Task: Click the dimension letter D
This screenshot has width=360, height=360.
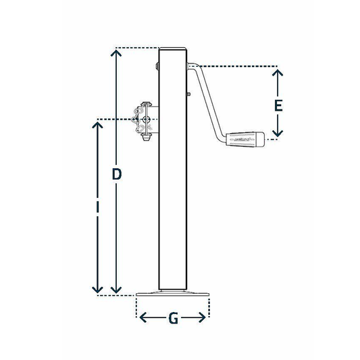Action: tap(116, 174)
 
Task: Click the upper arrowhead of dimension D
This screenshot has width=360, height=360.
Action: tap(116, 52)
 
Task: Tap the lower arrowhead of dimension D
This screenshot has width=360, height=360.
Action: tap(116, 290)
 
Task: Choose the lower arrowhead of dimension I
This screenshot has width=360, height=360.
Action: tap(97, 290)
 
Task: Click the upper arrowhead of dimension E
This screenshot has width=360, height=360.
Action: tap(277, 71)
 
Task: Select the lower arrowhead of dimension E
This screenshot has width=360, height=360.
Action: tap(277, 134)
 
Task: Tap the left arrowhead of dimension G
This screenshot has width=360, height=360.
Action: tap(140, 316)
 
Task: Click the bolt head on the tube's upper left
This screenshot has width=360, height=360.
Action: tap(157, 67)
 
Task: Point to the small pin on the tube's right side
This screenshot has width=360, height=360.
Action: tap(188, 93)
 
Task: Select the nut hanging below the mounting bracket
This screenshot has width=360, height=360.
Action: tap(145, 143)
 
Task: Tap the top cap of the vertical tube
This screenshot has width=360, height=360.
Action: tap(173, 49)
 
